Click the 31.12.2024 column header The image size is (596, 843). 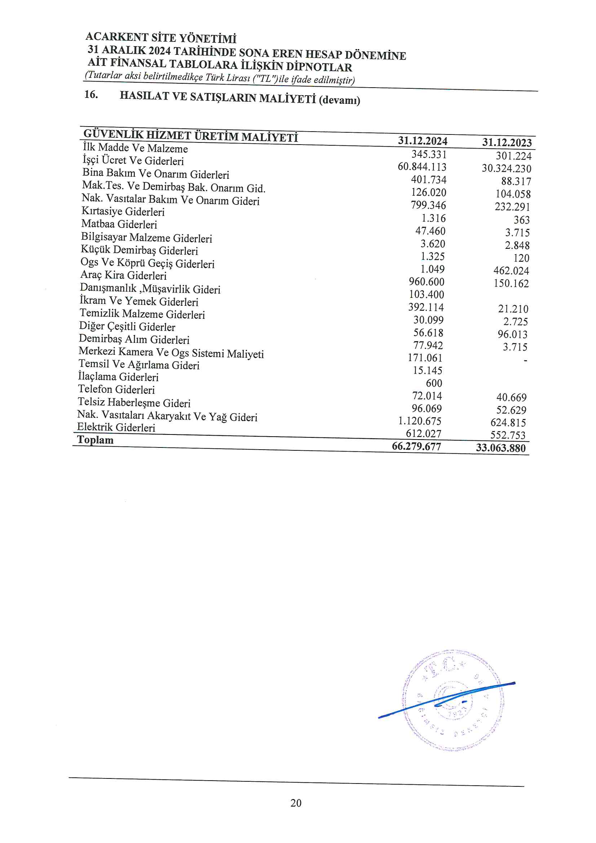[x=422, y=141]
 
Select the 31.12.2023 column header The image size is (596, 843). [x=507, y=142]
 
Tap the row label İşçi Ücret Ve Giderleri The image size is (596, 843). [x=133, y=160]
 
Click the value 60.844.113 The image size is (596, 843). [x=422, y=167]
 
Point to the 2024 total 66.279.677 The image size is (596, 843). [x=416, y=446]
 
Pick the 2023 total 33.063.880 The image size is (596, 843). [x=500, y=448]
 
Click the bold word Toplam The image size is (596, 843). [x=95, y=440]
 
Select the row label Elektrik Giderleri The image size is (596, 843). [x=116, y=427]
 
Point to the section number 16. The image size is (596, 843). [x=91, y=95]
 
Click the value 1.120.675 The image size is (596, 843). [x=420, y=421]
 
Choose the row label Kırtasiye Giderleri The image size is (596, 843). [x=123, y=212]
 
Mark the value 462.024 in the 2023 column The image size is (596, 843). [x=511, y=271]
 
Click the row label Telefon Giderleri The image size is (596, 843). [x=116, y=389]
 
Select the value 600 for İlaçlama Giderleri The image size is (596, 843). [x=434, y=383]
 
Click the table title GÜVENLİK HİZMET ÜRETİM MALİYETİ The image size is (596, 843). [x=191, y=136]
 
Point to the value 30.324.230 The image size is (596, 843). [x=506, y=168]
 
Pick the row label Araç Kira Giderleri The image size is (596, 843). [x=123, y=275]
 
